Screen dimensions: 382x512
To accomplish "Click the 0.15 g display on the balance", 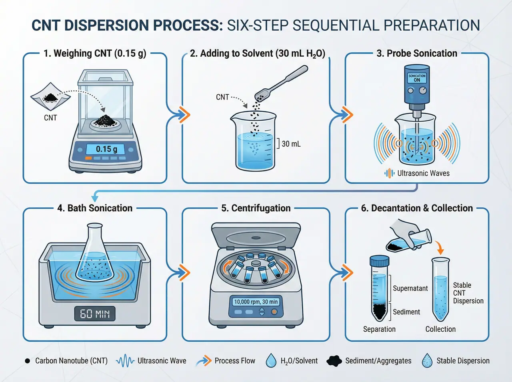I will pyautogui.click(x=106, y=149).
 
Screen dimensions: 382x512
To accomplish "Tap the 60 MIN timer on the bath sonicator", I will pyautogui.click(x=95, y=314).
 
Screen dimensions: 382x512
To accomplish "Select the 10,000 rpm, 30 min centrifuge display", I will pyautogui.click(x=256, y=302).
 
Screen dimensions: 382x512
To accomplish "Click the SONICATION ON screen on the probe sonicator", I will pyautogui.click(x=417, y=78).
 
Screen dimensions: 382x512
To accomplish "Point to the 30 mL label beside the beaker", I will pyautogui.click(x=291, y=144).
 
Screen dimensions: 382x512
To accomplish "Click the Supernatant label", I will pyautogui.click(x=410, y=288).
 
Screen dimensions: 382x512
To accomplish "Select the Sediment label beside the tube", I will pyautogui.click(x=406, y=312).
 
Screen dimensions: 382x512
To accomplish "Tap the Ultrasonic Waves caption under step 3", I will pyautogui.click(x=423, y=173).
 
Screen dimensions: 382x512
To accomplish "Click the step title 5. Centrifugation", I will pyautogui.click(x=256, y=208).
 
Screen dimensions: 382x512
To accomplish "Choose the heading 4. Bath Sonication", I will pyautogui.click(x=95, y=208).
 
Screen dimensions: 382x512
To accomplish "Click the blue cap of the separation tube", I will pyautogui.click(x=379, y=261).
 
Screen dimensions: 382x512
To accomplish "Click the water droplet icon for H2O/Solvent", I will pyautogui.click(x=271, y=360).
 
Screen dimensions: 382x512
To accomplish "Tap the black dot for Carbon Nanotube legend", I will pyautogui.click(x=27, y=361).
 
